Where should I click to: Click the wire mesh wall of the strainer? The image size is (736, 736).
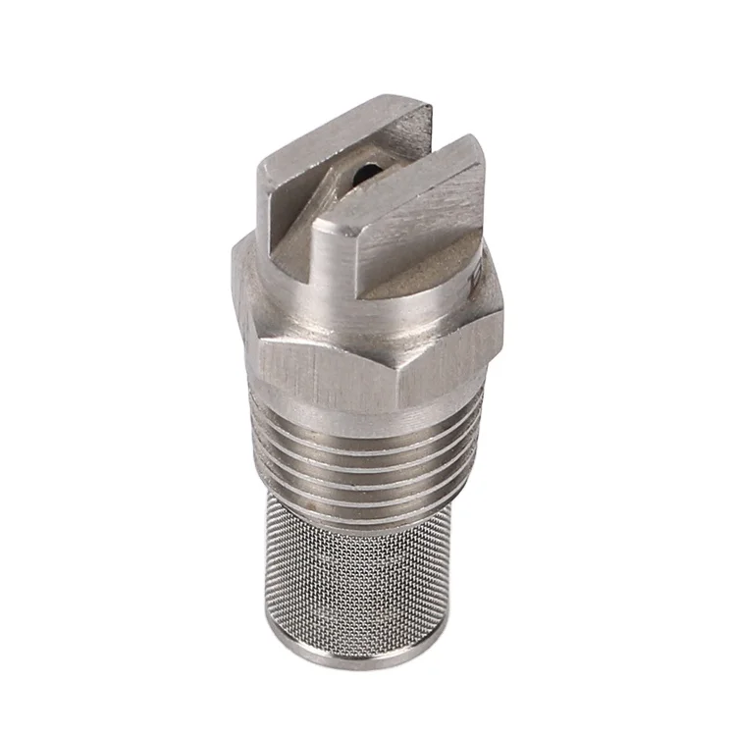point(373,579)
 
